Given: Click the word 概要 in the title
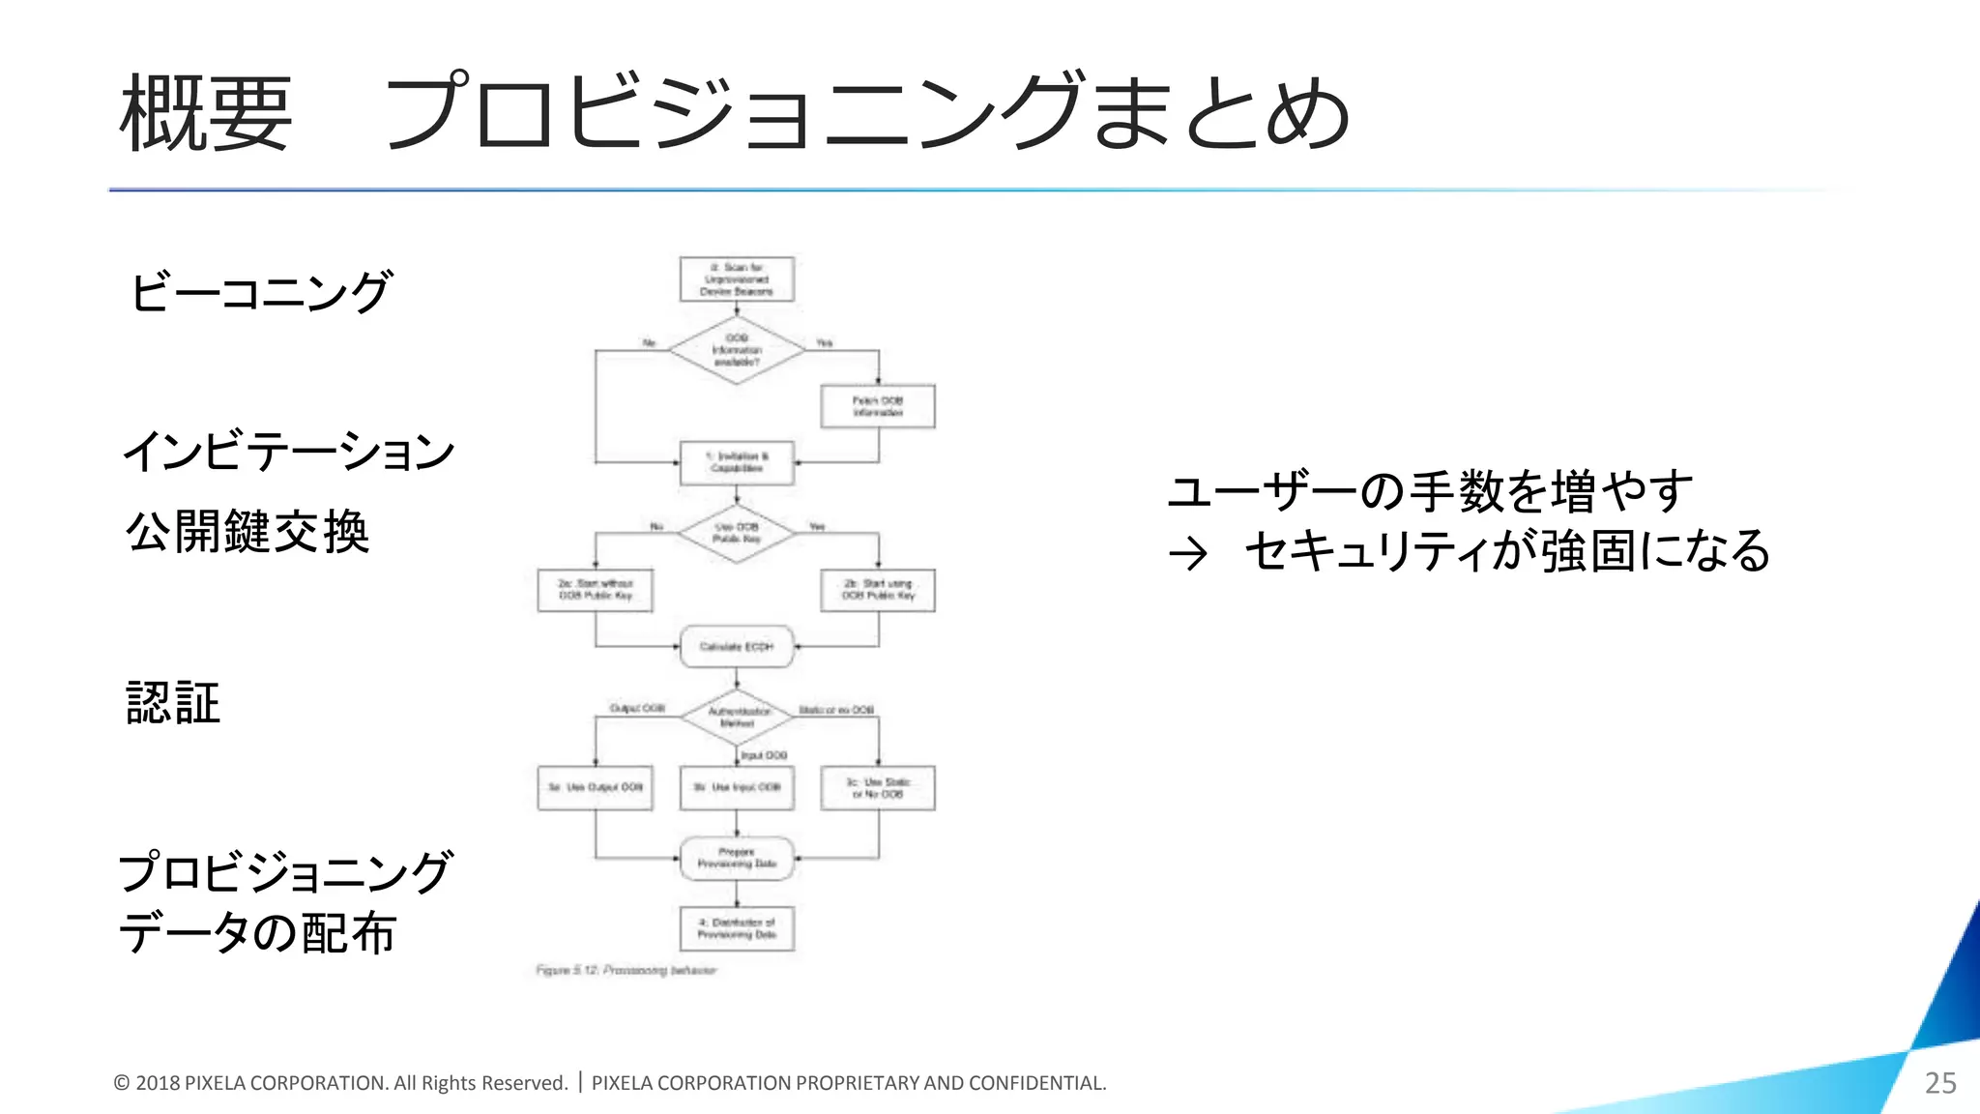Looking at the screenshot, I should pos(205,114).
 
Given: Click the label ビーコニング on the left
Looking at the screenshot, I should pos(261,291).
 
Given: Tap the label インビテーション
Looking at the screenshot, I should pos(288,452).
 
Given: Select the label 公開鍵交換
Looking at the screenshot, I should pos(247,532).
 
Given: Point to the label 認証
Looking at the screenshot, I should pos(173,703).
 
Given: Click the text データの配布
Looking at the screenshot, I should pos(257,933).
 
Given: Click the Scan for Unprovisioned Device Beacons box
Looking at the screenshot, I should pos(737,279).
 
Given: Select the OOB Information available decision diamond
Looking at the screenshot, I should pos(737,350).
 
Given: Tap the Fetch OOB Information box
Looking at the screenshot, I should pos(878,406).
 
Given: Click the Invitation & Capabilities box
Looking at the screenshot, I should pos(737,462).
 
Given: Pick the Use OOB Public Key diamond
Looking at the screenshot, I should pos(737,533).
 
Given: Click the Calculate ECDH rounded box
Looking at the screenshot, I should pos(737,646).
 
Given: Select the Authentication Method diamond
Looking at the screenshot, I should pos(737,718).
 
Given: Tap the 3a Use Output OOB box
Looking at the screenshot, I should pos(596,787).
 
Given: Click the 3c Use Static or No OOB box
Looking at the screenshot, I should pos(878,787).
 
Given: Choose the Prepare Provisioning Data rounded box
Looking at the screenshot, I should pos(737,858).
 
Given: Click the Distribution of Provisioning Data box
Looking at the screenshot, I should pos(737,928).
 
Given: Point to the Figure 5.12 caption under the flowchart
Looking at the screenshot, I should pos(626,970).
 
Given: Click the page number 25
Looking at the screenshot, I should pos(1940,1083).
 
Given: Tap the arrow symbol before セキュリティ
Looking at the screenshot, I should pos(1188,554).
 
